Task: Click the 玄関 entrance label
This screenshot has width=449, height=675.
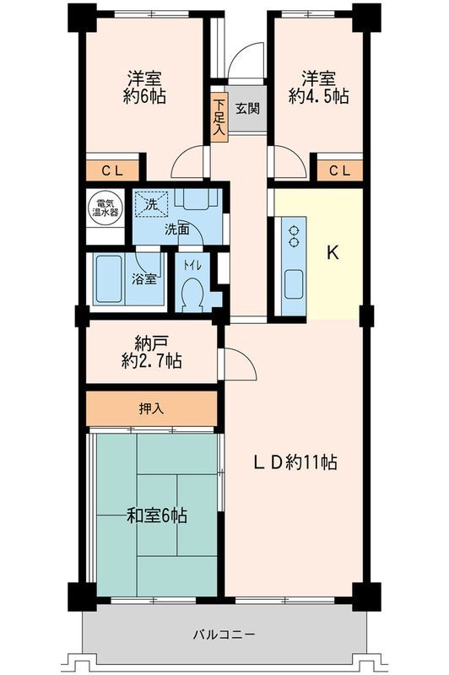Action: click(248, 107)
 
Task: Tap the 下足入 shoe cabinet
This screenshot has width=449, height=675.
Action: click(219, 117)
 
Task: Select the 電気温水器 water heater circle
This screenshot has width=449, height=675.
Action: click(106, 208)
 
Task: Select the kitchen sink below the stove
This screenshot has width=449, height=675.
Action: click(294, 283)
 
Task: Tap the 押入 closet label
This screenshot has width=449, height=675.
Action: click(152, 408)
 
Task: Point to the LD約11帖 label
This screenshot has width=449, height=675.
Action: click(297, 462)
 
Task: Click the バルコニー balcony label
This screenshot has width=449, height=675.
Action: click(224, 633)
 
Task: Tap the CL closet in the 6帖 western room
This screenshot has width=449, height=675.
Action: click(114, 170)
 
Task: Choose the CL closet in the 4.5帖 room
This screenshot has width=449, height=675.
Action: click(339, 170)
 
